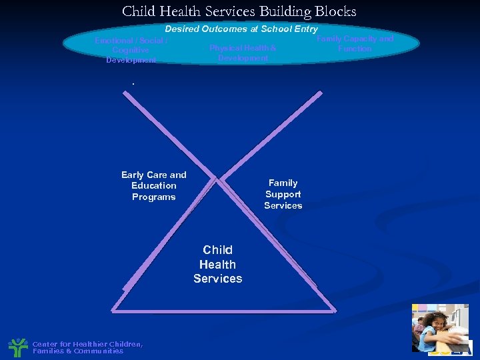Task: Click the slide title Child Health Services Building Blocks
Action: point(239,11)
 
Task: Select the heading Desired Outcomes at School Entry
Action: point(241,29)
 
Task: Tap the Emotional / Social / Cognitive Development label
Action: point(131,51)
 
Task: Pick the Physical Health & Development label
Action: point(243,53)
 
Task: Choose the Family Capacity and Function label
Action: point(355,43)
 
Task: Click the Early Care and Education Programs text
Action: point(154,186)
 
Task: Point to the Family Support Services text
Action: point(283,194)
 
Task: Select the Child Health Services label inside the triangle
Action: point(218,264)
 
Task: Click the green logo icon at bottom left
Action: point(17,347)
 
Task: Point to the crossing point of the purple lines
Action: point(219,179)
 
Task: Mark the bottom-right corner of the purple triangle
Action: point(334,310)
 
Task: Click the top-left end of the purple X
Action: point(125,93)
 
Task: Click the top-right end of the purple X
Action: point(320,94)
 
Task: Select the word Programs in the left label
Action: point(154,197)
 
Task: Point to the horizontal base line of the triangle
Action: point(223,311)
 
